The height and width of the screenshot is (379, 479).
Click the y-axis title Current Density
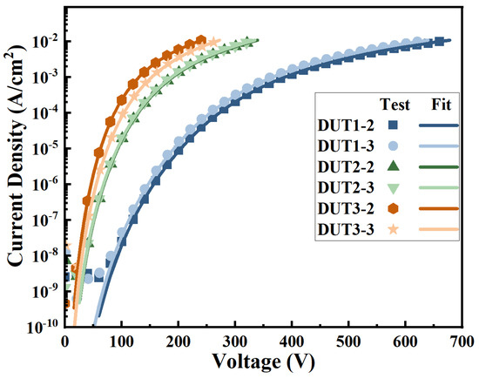15,166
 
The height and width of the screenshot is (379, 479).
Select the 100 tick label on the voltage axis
122,343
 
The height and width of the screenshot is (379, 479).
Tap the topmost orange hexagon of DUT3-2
201,40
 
